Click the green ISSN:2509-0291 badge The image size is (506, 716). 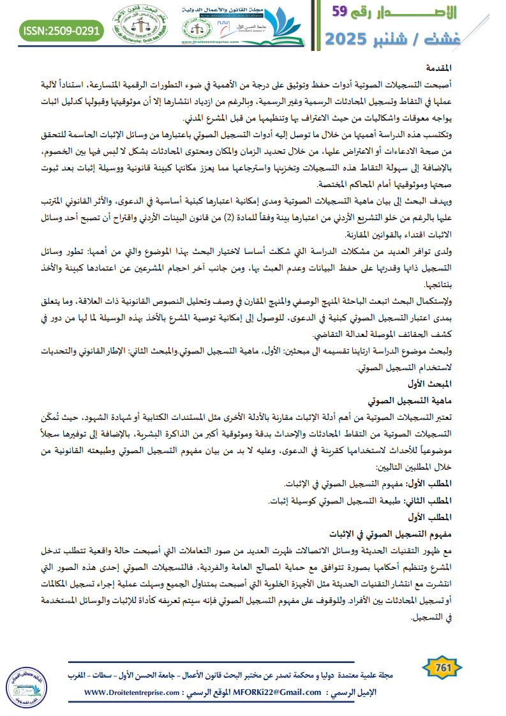tap(61, 29)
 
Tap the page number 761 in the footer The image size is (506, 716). tap(442, 668)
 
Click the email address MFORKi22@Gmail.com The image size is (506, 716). tap(279, 692)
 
